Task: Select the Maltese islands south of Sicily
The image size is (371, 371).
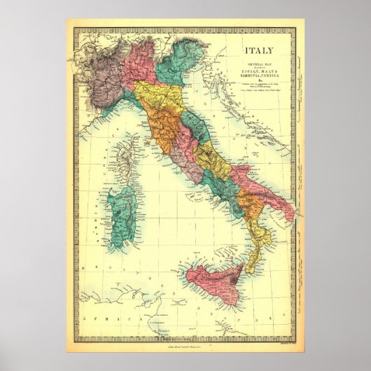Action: point(225,323)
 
